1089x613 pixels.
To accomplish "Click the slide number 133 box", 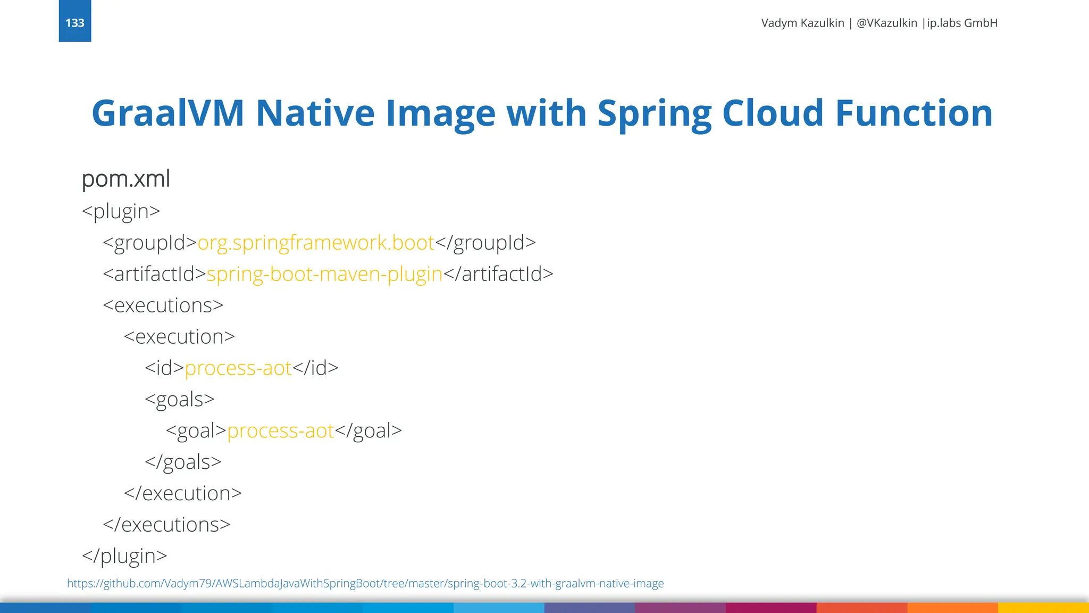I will (75, 22).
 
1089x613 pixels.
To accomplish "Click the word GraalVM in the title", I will (167, 113).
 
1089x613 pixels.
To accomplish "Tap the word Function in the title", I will (913, 113).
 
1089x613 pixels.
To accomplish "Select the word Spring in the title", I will (654, 114).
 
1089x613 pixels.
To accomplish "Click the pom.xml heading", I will (125, 179).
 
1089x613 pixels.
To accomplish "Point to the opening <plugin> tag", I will (121, 211).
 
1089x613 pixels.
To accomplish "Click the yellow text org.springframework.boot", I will (316, 243).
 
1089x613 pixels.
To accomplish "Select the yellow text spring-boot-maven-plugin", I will (324, 274).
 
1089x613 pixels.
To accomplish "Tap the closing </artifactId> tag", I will (498, 274).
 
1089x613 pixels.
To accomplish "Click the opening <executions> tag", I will (163, 305).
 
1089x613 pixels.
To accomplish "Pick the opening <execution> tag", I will (179, 337).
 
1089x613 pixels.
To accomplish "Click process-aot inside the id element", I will (238, 368).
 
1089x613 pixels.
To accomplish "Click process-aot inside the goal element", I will (281, 430).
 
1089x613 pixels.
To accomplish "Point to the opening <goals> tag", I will (179, 400).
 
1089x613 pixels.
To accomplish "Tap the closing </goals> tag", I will (183, 462).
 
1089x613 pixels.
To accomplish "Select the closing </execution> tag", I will (182, 493).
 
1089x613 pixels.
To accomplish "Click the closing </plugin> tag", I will (124, 556).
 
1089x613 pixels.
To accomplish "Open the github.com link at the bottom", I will (365, 583).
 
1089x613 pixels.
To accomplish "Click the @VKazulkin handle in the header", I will (886, 23).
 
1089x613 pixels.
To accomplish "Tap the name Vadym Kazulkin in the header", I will (802, 23).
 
